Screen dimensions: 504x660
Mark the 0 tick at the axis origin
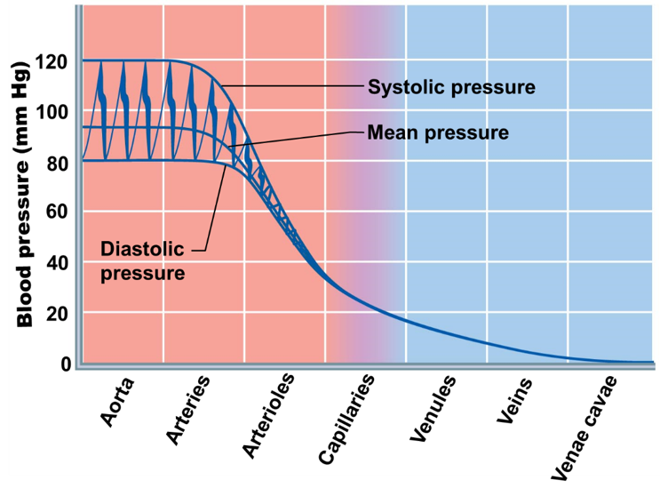tap(66, 364)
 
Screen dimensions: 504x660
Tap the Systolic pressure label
tap(451, 87)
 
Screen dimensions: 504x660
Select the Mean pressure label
tap(438, 132)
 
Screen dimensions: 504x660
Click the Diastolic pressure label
tap(142, 260)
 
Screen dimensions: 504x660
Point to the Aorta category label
tap(118, 402)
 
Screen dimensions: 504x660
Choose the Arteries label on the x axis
tap(188, 409)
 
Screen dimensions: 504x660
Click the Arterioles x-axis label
tap(267, 416)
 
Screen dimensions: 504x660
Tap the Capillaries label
tap(346, 419)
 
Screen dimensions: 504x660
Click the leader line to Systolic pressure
tap(293, 86)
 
